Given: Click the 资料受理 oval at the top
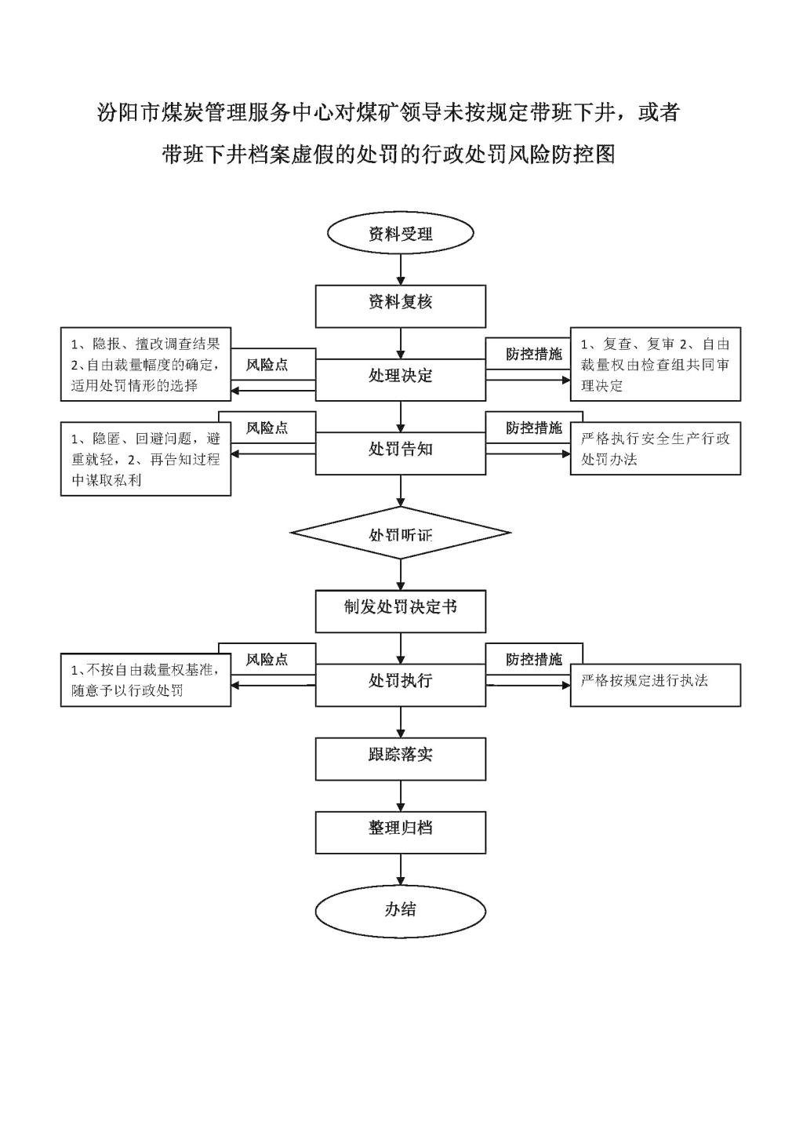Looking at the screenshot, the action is pyautogui.click(x=401, y=233).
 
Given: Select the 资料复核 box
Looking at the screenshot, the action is pyautogui.click(x=401, y=306).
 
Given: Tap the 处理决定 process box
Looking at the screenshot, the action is pyautogui.click(x=401, y=380).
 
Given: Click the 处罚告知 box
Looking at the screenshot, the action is pyautogui.click(x=401, y=453).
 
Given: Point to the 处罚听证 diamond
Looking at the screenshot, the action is pyautogui.click(x=401, y=533).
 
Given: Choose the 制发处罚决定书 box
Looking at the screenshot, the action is pyautogui.click(x=401, y=611).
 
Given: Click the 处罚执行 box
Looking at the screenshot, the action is pyautogui.click(x=401, y=685).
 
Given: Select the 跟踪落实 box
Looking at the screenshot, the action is pyautogui.click(x=401, y=759).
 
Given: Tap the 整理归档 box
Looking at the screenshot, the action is pyautogui.click(x=401, y=832).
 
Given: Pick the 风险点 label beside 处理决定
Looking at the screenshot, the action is pyautogui.click(x=267, y=365).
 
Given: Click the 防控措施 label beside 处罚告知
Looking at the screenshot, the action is pyautogui.click(x=534, y=428).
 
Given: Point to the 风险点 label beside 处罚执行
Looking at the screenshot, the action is pyautogui.click(x=267, y=659).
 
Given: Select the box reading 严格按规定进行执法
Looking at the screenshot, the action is pyautogui.click(x=656, y=685).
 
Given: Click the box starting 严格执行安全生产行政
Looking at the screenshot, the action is pyautogui.click(x=656, y=448).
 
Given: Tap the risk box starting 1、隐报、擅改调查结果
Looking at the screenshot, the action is pyautogui.click(x=146, y=364).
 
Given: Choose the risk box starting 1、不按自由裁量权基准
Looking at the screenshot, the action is pyautogui.click(x=146, y=679).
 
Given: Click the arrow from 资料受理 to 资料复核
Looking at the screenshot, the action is pyautogui.click(x=401, y=269).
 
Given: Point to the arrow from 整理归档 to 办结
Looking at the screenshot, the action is pyautogui.click(x=401, y=870).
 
